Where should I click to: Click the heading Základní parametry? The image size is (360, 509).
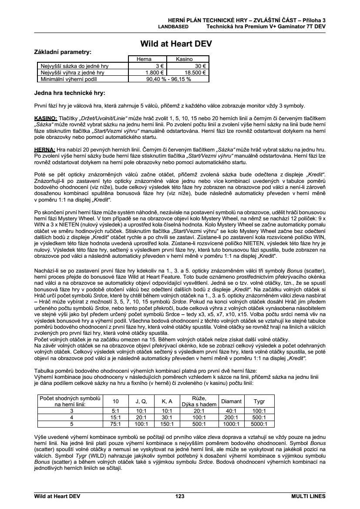pos(63,52)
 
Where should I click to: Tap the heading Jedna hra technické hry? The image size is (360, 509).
pos(70,93)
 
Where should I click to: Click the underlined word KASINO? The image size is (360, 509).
pos(45,118)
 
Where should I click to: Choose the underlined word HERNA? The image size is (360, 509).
pos(44,149)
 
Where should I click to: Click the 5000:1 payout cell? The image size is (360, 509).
pos(259,424)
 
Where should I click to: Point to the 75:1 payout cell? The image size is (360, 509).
pos(116,424)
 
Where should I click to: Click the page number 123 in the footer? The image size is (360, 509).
pos(180,496)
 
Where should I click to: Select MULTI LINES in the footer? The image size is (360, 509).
pos(308,496)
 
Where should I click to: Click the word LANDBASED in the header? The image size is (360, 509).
pos(173,26)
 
